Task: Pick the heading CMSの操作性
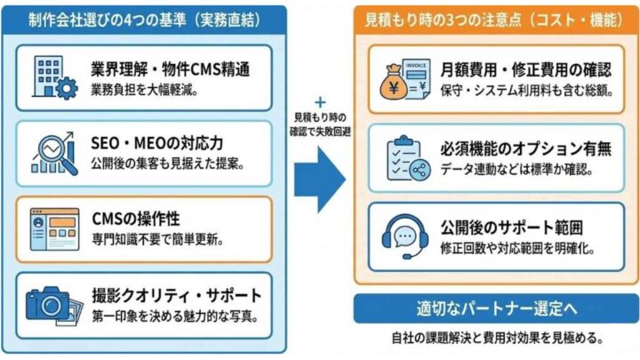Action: (134, 217)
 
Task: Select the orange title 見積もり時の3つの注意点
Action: (494, 19)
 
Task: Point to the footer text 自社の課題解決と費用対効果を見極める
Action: (494, 338)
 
